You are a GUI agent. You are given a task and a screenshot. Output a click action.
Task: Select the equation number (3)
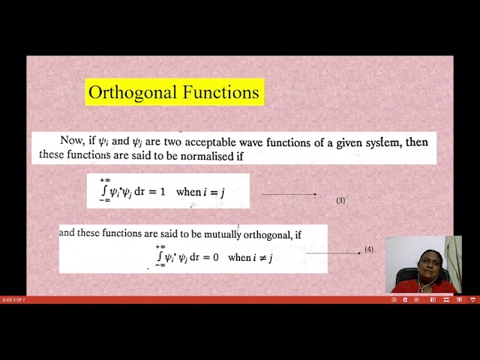pos(340,200)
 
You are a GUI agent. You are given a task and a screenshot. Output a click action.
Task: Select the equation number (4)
pos(369,250)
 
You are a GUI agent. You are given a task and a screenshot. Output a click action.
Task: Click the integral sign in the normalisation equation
pos(103,190)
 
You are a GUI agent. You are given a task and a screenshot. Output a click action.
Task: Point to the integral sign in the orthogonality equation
pos(159,256)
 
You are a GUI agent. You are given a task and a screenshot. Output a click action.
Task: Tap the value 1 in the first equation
pos(164,192)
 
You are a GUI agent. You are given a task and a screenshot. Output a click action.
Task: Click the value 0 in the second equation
pos(216,257)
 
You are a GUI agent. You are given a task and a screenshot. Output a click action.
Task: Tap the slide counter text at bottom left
pos(13,300)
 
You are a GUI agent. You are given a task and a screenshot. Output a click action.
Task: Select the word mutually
pos(221,234)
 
